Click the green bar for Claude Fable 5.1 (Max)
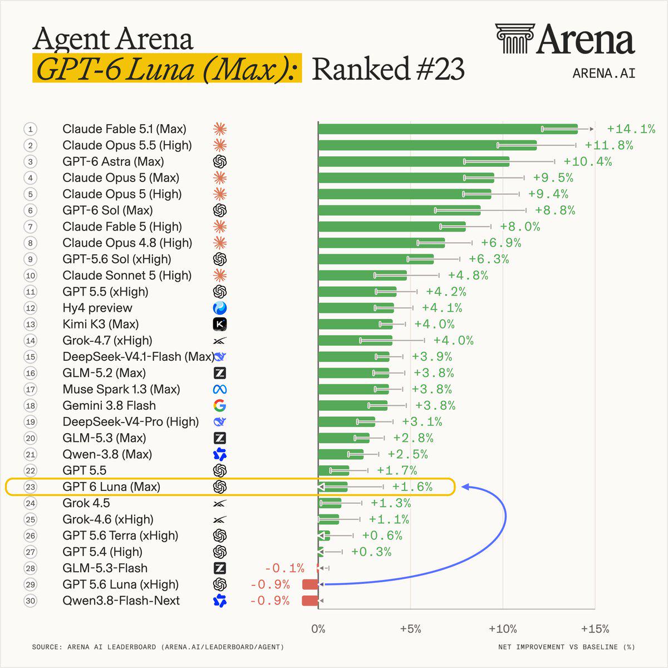pyautogui.click(x=448, y=129)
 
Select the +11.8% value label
pyautogui.click(x=609, y=145)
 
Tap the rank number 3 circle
pyautogui.click(x=31, y=161)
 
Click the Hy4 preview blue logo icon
pyautogui.click(x=220, y=308)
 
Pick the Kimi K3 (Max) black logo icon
pyautogui.click(x=220, y=324)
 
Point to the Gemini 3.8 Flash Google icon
pyautogui.click(x=220, y=405)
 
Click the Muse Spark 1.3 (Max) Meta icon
pyautogui.click(x=220, y=389)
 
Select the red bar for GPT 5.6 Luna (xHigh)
pyautogui.click(x=310, y=584)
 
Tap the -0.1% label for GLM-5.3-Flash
pyautogui.click(x=284, y=568)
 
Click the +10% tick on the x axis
pyautogui.click(x=503, y=629)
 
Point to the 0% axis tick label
pyautogui.click(x=318, y=629)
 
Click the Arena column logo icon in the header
pyautogui.click(x=515, y=38)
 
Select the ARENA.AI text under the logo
pyautogui.click(x=604, y=73)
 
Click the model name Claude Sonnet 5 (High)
pyautogui.click(x=127, y=275)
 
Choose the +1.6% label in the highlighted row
pyautogui.click(x=412, y=487)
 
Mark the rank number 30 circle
pyautogui.click(x=31, y=601)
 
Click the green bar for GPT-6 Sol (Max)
pyautogui.click(x=399, y=210)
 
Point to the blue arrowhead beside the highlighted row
pyautogui.click(x=465, y=487)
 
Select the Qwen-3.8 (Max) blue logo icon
pyautogui.click(x=220, y=454)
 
